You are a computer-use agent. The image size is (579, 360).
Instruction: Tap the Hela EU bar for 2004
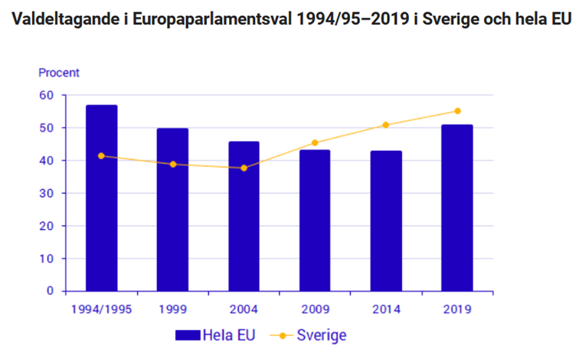pos(244,216)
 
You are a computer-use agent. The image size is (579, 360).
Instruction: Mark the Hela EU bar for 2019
pos(457,208)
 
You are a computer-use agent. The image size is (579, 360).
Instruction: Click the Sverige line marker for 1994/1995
pos(101,155)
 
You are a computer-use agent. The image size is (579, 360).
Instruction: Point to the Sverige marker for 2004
pos(244,168)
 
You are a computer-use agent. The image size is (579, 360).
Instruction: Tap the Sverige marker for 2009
pos(315,142)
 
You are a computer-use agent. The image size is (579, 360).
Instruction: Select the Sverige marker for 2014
pos(386,125)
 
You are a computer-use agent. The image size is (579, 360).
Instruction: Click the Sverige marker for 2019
pos(457,111)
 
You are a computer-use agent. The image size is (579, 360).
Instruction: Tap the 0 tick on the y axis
pos(51,291)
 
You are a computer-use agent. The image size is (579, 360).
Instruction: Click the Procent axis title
pos(59,73)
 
